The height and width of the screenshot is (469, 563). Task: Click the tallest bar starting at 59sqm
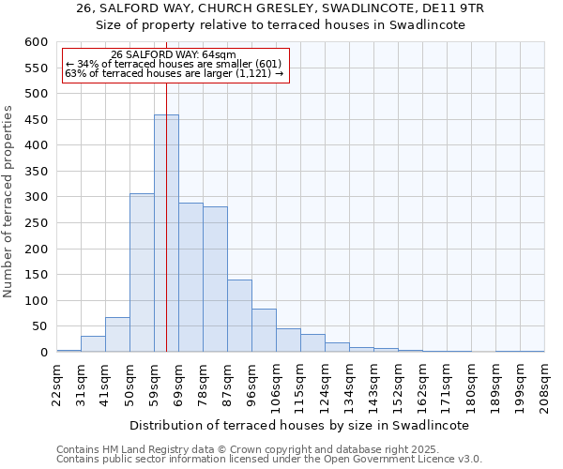coord(166,234)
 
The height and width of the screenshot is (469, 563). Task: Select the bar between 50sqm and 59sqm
coord(142,273)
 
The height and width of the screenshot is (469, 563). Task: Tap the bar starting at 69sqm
coord(190,278)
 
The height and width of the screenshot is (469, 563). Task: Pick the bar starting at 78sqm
coord(215,280)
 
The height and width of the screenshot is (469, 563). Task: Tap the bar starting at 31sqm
coord(93,344)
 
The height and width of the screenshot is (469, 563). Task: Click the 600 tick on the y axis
coord(36,42)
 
